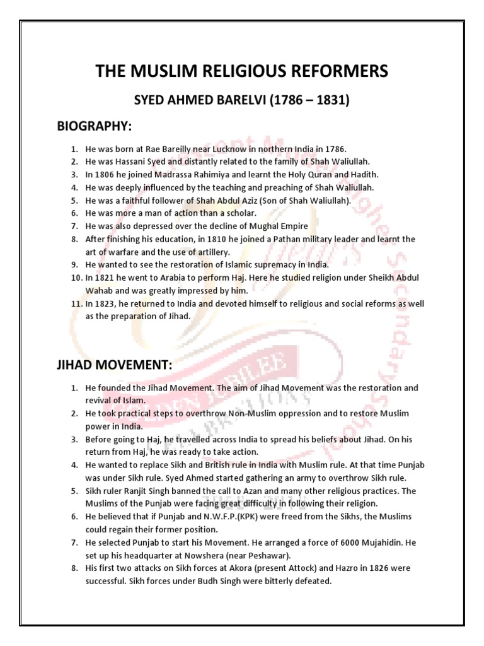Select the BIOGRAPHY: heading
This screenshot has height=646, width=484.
click(95, 127)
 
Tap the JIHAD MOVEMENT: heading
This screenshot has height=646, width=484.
click(114, 365)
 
